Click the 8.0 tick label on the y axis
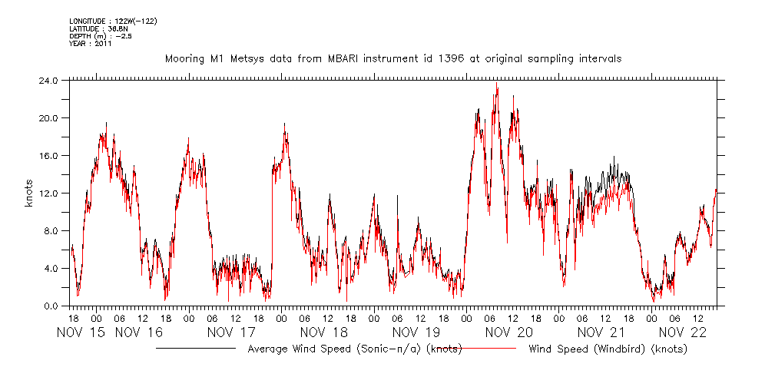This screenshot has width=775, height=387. tap(51, 230)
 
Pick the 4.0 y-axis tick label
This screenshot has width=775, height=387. tap(51, 268)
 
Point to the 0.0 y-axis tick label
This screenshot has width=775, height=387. tap(51, 306)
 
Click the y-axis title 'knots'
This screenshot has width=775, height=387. tap(28, 193)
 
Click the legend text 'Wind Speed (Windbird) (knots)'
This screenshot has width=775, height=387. tap(608, 349)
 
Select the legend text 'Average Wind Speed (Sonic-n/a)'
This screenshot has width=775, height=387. tap(336, 349)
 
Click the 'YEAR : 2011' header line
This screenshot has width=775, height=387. tap(91, 44)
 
